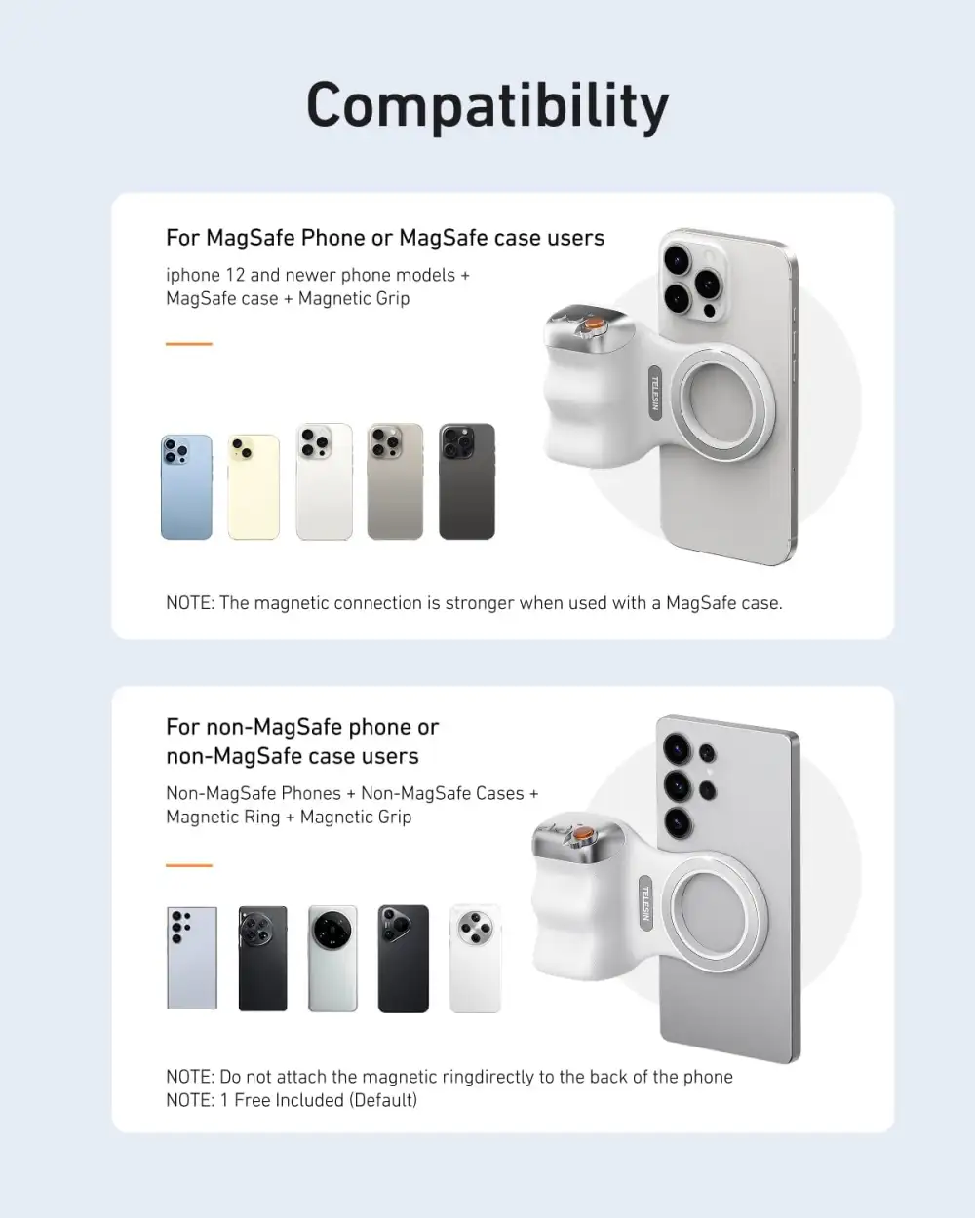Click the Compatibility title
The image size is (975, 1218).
coord(487,105)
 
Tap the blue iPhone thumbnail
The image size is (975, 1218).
coord(186,486)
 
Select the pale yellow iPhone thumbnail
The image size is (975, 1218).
coord(253,486)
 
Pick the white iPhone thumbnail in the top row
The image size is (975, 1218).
coord(324,481)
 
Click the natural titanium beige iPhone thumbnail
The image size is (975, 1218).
coord(395,481)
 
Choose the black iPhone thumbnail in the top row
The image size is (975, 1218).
coord(467,481)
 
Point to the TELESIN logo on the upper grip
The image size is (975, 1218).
coord(655,393)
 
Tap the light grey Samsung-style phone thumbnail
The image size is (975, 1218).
coord(192,958)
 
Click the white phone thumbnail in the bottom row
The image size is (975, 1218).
coord(475,958)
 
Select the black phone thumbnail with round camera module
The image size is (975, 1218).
coord(263,958)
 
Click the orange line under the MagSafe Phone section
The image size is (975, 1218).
coord(188,344)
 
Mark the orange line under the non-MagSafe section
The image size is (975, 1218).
coord(188,864)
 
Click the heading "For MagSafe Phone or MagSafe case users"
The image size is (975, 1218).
coord(385,238)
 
